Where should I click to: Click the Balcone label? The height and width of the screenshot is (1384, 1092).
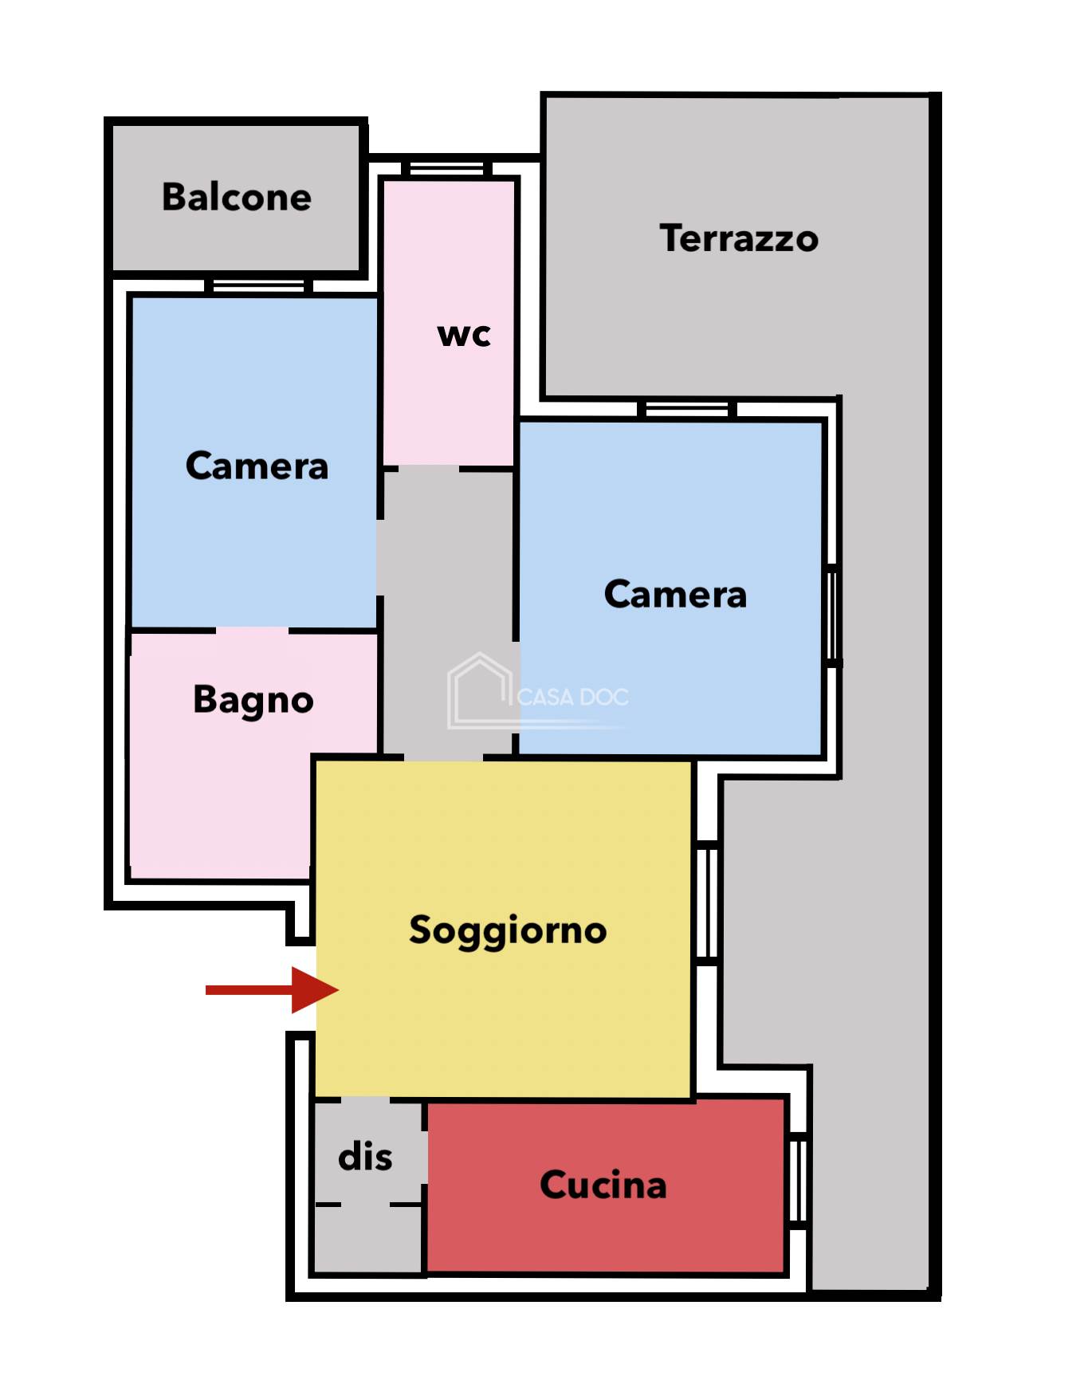(x=237, y=197)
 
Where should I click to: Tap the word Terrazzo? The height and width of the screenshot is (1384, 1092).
(x=739, y=238)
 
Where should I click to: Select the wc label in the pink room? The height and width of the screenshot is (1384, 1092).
(x=464, y=335)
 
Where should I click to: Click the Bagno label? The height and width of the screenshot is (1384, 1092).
(x=253, y=701)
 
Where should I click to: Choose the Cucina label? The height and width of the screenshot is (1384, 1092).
(x=603, y=1185)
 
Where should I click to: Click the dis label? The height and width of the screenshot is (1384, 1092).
(x=365, y=1157)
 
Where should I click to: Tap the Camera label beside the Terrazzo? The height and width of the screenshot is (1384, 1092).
(x=675, y=595)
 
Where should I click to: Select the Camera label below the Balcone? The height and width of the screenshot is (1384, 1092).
(x=257, y=466)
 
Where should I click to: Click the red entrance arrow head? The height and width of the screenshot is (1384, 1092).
(x=315, y=990)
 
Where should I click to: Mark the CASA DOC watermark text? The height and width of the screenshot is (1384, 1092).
(x=572, y=698)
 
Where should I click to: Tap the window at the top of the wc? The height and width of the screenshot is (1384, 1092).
(x=446, y=169)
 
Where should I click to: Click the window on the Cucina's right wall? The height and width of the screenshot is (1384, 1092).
(x=797, y=1182)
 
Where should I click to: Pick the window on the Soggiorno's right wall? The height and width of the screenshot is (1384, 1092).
(x=706, y=902)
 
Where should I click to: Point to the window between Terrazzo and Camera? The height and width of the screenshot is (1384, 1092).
(x=686, y=410)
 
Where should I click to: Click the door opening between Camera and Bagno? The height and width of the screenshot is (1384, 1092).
(x=252, y=631)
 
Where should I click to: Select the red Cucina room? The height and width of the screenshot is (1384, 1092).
(x=606, y=1186)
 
